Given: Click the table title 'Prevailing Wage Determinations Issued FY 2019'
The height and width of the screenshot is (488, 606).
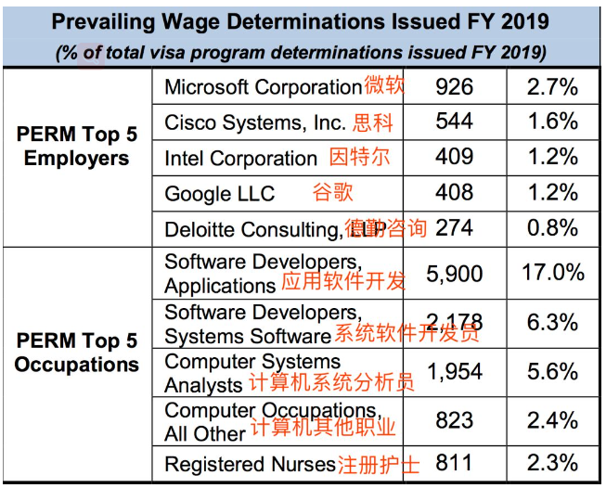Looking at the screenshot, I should (300, 21).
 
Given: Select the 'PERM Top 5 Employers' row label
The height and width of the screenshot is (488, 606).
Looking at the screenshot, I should (76, 146).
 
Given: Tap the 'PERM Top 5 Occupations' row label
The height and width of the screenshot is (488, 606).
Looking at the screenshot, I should (76, 353).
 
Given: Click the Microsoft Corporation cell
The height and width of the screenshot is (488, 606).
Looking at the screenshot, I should (263, 87).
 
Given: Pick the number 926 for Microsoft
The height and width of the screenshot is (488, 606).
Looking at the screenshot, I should (454, 87).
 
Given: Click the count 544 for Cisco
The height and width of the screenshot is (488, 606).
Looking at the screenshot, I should (454, 122).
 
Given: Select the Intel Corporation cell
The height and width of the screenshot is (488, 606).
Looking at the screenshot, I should (240, 158).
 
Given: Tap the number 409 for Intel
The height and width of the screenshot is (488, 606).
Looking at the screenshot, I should (454, 157).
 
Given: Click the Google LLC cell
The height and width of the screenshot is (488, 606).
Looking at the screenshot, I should (220, 193).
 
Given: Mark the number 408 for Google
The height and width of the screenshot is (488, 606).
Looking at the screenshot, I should (454, 193).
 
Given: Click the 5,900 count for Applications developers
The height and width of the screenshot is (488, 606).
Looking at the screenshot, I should (454, 273).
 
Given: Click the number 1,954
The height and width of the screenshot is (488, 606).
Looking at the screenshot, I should (454, 372).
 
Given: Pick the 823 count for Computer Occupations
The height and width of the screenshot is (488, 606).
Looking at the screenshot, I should (454, 420).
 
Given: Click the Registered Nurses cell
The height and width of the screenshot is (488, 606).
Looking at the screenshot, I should (250, 463).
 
